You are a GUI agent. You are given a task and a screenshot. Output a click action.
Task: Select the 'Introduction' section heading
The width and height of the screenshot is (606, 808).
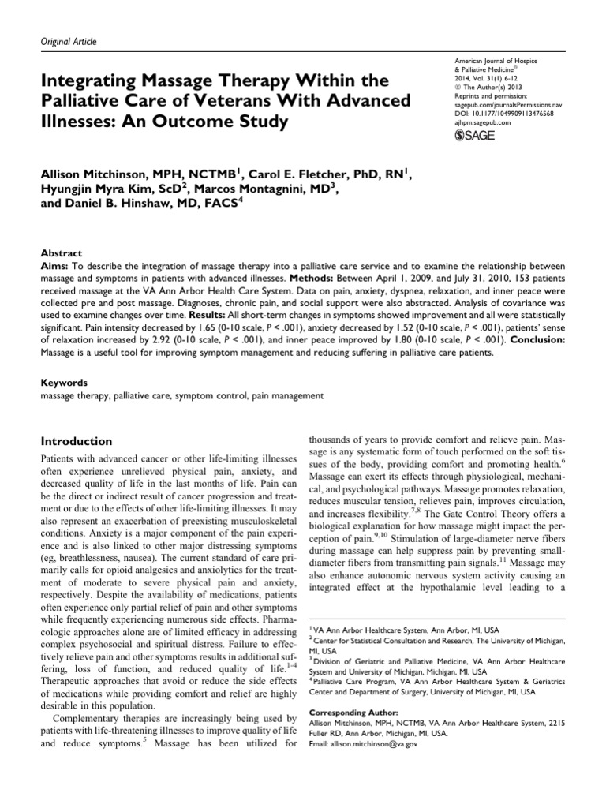pyautogui.click(x=76, y=440)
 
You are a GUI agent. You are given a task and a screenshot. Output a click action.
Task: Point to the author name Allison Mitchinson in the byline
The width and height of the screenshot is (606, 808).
pyautogui.click(x=113, y=174)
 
